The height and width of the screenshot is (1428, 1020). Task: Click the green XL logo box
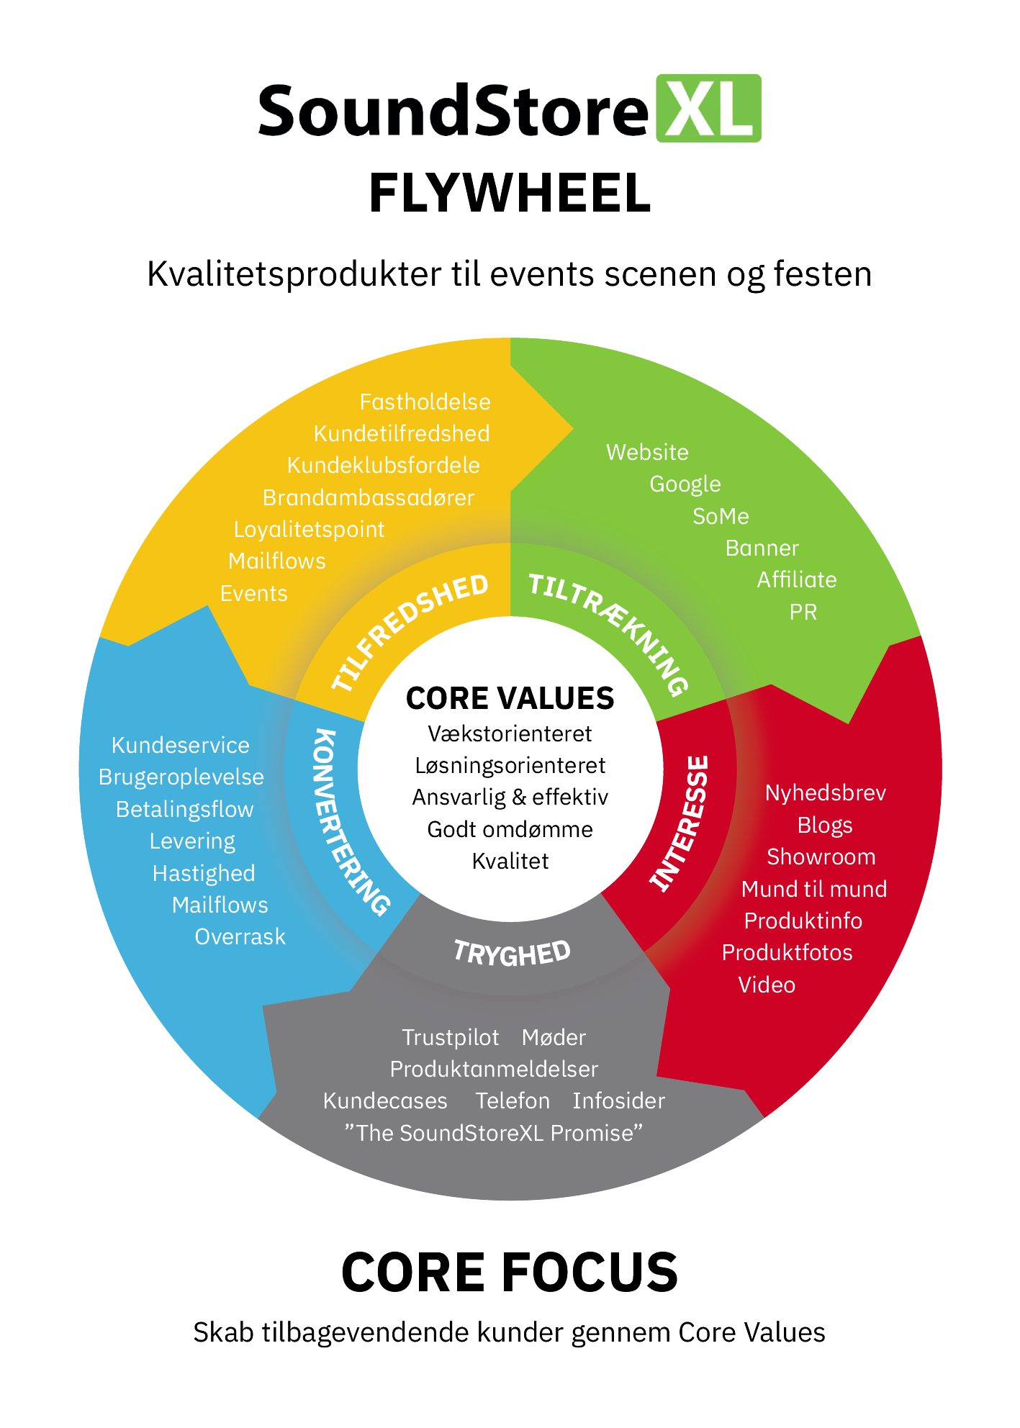pyautogui.click(x=708, y=109)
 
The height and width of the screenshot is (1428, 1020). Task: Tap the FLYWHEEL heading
pyautogui.click(x=510, y=194)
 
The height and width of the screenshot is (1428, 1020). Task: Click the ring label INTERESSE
pyautogui.click(x=680, y=824)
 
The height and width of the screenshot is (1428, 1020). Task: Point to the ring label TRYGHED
pyautogui.click(x=512, y=953)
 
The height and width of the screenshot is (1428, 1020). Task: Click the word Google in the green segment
pyautogui.click(x=685, y=484)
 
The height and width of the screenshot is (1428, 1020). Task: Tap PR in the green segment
pyautogui.click(x=803, y=613)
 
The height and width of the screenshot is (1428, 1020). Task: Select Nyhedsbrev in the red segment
pyautogui.click(x=825, y=793)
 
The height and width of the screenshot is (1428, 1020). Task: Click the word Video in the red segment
pyautogui.click(x=767, y=985)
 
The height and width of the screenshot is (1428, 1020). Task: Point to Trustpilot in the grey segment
pyautogui.click(x=450, y=1037)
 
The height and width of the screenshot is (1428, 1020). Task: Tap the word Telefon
pyautogui.click(x=513, y=1101)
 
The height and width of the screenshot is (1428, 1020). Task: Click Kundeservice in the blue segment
pyautogui.click(x=180, y=746)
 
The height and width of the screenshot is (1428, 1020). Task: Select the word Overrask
pyautogui.click(x=240, y=937)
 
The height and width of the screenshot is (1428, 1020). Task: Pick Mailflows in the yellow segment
pyautogui.click(x=276, y=561)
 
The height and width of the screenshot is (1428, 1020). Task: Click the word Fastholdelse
pyautogui.click(x=425, y=402)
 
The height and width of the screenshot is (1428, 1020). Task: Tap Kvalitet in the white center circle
pyautogui.click(x=510, y=862)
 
